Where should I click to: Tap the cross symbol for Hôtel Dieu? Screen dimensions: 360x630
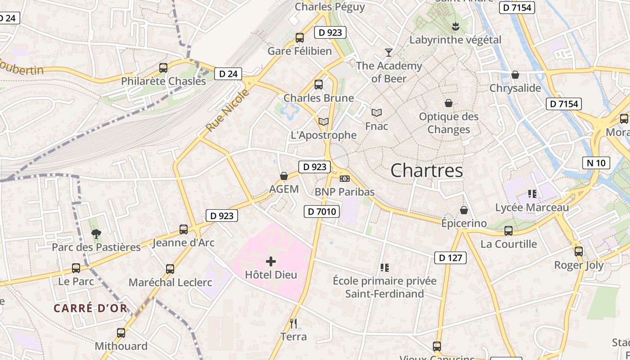[271, 261]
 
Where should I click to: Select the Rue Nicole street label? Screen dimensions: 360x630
[227, 111]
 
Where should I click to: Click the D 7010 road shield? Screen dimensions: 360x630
[322, 211]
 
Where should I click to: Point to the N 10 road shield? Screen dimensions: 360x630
[596, 163]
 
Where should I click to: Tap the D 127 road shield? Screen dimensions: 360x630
[450, 258]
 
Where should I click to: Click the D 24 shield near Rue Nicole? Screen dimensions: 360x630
[228, 74]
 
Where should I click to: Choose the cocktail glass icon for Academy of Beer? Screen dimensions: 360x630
[389, 53]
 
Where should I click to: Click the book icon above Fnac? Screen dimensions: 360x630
[377, 112]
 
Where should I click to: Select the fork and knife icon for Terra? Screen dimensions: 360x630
[293, 323]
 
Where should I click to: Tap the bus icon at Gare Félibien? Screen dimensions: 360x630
[300, 38]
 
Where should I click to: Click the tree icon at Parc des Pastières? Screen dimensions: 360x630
[96, 234]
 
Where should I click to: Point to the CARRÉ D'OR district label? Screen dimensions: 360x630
[90, 308]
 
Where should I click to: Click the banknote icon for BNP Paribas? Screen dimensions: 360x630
[344, 179]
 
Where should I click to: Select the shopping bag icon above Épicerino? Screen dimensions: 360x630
[464, 210]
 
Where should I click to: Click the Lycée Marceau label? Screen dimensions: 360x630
[532, 207]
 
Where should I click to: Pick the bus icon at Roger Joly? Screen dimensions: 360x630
[579, 251]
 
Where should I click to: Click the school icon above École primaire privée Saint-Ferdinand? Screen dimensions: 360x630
[384, 268]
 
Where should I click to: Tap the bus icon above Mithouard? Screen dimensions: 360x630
[121, 333]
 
